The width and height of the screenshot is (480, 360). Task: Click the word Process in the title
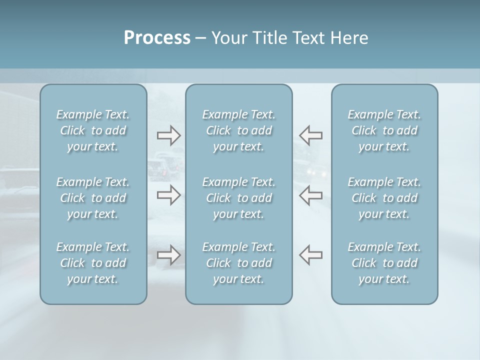pos(157,38)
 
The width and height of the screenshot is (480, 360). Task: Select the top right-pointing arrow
pos(168,135)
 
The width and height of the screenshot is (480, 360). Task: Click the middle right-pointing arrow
pos(168,195)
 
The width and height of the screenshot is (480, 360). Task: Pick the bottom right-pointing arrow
pos(168,255)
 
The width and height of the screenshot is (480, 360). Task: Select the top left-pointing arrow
pos(311,135)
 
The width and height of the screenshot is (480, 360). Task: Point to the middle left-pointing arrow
pos(311,195)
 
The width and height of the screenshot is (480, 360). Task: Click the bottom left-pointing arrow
pos(311,254)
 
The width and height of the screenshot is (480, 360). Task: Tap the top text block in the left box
pos(93,130)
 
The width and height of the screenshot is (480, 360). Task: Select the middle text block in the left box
pos(93,198)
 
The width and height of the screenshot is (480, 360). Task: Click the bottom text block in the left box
pos(93,263)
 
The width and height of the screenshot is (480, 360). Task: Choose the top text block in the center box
pos(239,130)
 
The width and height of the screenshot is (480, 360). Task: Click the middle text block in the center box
pos(239,198)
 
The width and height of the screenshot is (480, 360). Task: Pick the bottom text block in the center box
pos(239,263)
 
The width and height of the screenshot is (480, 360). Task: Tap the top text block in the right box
pos(384,130)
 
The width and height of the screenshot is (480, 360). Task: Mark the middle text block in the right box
pos(384,198)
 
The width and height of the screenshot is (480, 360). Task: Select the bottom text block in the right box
pos(384,263)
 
